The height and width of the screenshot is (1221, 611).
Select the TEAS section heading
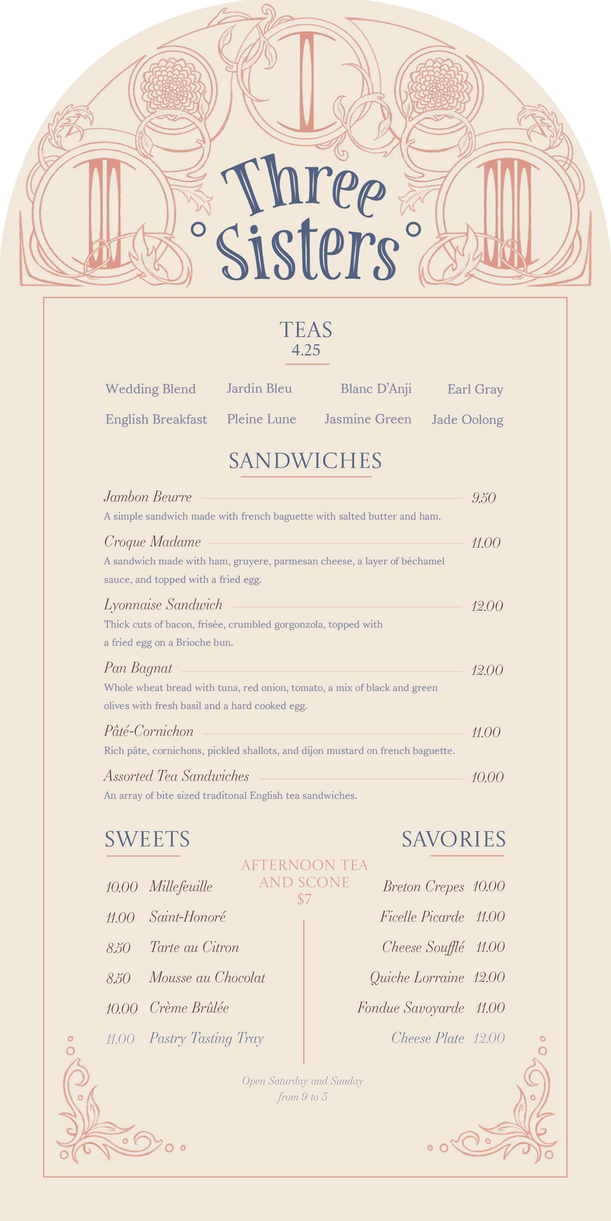point(306,330)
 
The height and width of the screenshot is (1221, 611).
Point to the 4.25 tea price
point(306,350)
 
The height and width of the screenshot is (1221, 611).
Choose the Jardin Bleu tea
point(259,388)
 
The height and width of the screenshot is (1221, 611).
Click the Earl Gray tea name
point(475,389)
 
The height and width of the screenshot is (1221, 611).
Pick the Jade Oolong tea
point(467,420)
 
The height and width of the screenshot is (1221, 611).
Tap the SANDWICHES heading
point(305,460)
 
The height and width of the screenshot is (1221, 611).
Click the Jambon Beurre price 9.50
point(483,498)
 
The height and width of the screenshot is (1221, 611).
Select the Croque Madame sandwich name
point(152,542)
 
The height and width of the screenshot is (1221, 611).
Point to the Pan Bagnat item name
point(138,668)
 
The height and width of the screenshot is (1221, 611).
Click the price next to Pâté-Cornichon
point(485,733)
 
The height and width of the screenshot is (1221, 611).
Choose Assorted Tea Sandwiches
point(176,776)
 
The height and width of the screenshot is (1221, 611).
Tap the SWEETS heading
point(147,839)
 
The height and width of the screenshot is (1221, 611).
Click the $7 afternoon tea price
point(304,899)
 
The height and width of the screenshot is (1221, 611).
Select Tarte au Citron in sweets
point(194,947)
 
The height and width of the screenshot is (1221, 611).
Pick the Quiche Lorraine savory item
point(417,977)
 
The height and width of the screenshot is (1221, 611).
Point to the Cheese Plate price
point(488,1038)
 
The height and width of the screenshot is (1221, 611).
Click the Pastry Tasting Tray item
point(206,1038)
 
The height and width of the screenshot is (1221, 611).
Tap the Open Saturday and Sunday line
point(303,1081)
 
